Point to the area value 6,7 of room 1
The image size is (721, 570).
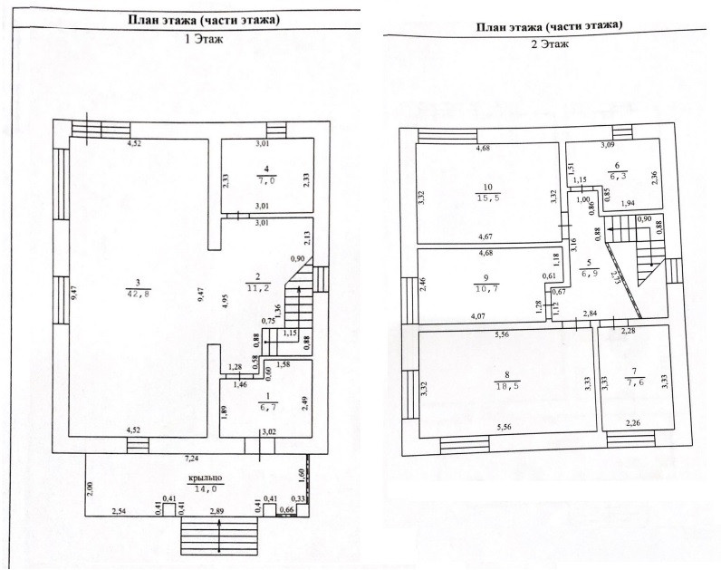265,409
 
